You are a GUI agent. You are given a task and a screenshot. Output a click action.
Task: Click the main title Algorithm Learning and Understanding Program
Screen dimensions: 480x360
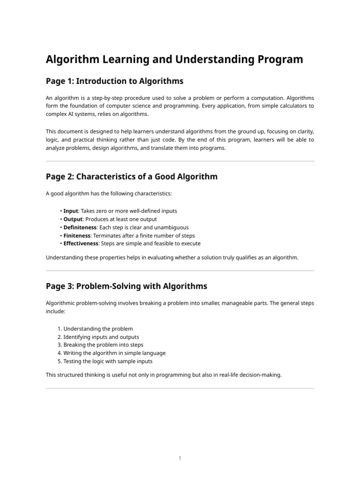(x=174, y=60)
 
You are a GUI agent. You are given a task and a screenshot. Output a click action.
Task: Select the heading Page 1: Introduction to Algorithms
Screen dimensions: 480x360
(x=114, y=82)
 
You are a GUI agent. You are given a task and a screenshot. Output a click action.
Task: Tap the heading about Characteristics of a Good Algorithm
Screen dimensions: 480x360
(x=131, y=177)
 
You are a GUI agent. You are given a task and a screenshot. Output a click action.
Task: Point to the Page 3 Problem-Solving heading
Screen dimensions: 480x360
(x=126, y=286)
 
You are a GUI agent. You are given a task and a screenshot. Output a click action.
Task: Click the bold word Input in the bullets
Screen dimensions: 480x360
(x=70, y=211)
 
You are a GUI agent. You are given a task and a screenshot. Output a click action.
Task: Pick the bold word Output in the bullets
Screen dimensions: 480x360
(x=73, y=219)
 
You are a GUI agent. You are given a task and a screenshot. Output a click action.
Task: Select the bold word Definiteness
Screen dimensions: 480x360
(x=80, y=227)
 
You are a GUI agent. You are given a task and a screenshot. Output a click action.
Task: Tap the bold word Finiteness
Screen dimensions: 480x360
(x=77, y=235)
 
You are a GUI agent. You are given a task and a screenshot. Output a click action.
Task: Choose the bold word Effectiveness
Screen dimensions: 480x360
(x=81, y=244)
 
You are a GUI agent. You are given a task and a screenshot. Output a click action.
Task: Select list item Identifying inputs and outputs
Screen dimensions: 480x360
(x=101, y=337)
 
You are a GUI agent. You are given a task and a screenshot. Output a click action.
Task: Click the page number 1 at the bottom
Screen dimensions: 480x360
(x=180, y=458)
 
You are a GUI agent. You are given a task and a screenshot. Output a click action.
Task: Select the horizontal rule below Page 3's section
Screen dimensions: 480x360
(x=180, y=388)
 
